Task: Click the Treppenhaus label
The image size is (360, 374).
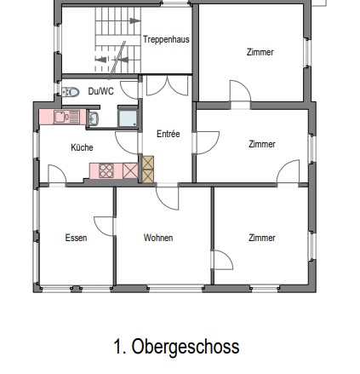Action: tap(166, 40)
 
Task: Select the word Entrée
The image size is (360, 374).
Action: tap(166, 134)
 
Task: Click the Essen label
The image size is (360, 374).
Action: tap(76, 237)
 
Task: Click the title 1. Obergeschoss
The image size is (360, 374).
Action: tap(177, 347)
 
